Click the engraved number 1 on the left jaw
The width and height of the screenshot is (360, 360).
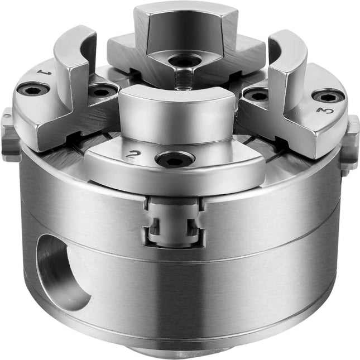coord(44,72)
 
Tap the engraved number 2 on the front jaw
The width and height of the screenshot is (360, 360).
coord(132,154)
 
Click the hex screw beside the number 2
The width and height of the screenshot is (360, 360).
coord(175,159)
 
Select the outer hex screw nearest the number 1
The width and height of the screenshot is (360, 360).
coord(33,91)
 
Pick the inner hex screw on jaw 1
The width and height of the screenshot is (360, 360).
coord(102,92)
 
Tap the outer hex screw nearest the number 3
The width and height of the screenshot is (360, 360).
coord(328,98)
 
